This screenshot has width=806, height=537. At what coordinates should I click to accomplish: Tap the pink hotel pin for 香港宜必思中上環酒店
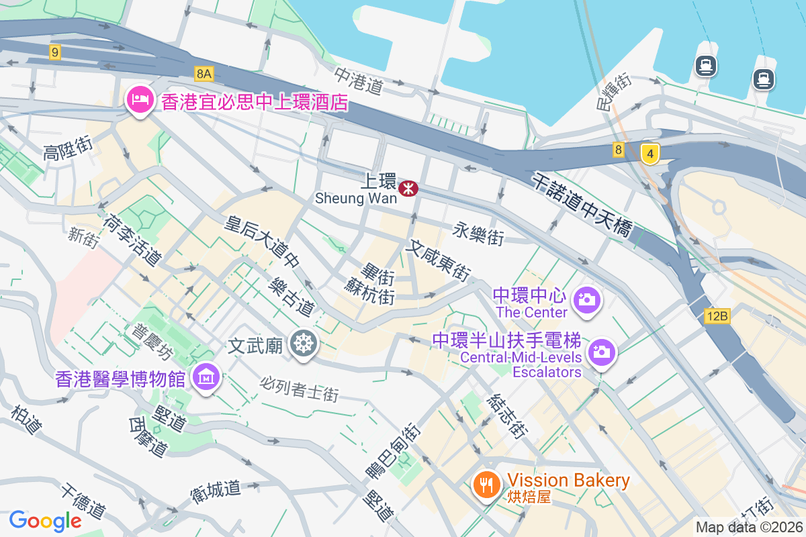pyautogui.click(x=139, y=101)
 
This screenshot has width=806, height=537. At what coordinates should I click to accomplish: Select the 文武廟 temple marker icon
pyautogui.click(x=304, y=344)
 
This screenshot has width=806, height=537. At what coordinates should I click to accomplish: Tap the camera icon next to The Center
pyautogui.click(x=587, y=299)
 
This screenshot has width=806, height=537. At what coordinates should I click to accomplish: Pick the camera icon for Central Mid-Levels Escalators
pyautogui.click(x=601, y=352)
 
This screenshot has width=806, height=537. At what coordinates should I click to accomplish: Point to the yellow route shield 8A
pyautogui.click(x=204, y=72)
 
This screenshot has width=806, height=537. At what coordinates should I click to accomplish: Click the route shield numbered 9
pyautogui.click(x=55, y=52)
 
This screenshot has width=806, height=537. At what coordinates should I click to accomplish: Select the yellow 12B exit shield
pyautogui.click(x=717, y=316)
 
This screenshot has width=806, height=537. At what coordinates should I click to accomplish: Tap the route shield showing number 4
pyautogui.click(x=649, y=154)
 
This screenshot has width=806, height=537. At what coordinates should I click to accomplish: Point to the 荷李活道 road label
pyautogui.click(x=132, y=239)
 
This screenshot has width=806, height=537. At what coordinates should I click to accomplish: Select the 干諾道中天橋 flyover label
pyautogui.click(x=582, y=204)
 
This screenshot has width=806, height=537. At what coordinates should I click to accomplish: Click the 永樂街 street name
pyautogui.click(x=478, y=233)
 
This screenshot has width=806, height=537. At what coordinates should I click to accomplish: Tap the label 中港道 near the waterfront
pyautogui.click(x=359, y=79)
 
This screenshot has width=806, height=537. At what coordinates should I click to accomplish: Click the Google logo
pyautogui.click(x=45, y=520)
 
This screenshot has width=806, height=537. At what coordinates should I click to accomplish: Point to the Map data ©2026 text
pyautogui.click(x=749, y=527)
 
